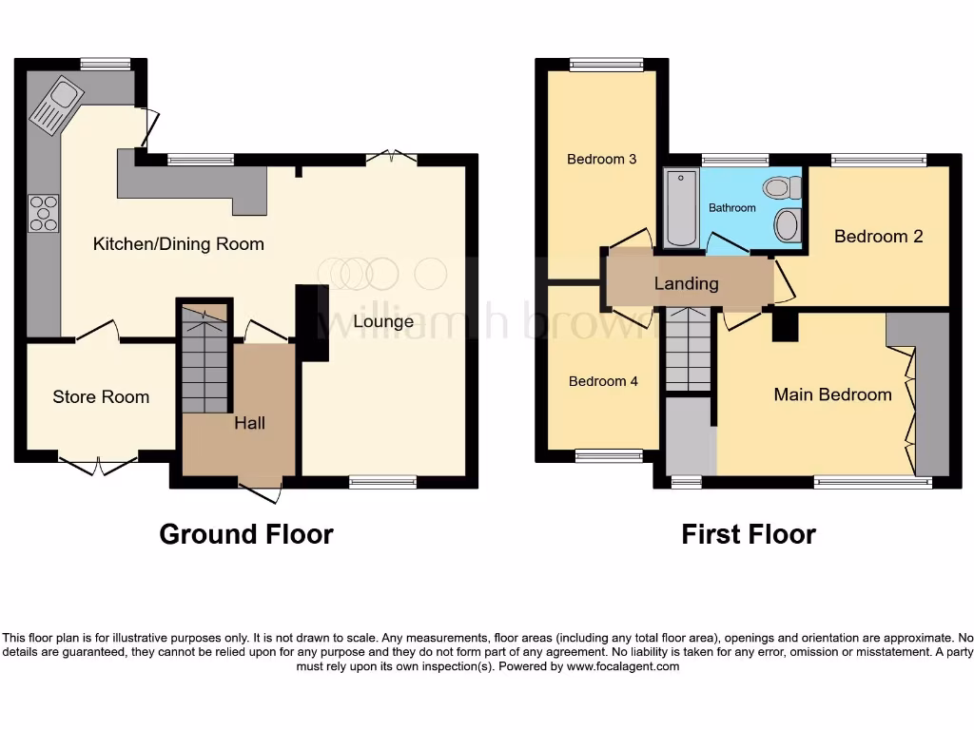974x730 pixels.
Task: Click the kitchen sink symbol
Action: click(57, 105)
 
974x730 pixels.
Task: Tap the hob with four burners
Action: click(44, 212)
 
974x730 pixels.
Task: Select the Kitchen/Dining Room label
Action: click(178, 244)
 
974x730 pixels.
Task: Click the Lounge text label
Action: click(383, 321)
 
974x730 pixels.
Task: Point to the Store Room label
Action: click(101, 396)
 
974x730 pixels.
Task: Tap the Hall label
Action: click(250, 423)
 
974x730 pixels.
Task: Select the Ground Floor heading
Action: click(245, 534)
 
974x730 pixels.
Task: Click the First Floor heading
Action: click(748, 534)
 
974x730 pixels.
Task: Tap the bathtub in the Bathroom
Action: click(681, 206)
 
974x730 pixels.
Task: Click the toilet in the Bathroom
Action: click(786, 186)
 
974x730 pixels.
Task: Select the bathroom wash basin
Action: click(788, 225)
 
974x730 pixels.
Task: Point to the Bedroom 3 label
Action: click(601, 159)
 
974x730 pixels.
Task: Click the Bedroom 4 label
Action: click(603, 381)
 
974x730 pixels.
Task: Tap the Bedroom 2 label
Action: click(878, 236)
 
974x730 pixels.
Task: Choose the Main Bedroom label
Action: click(832, 394)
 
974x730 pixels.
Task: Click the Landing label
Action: click(686, 283)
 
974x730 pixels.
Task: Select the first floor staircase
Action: click(688, 350)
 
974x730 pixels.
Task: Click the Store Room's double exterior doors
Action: click(99, 466)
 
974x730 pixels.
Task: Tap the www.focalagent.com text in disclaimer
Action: click(624, 666)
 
